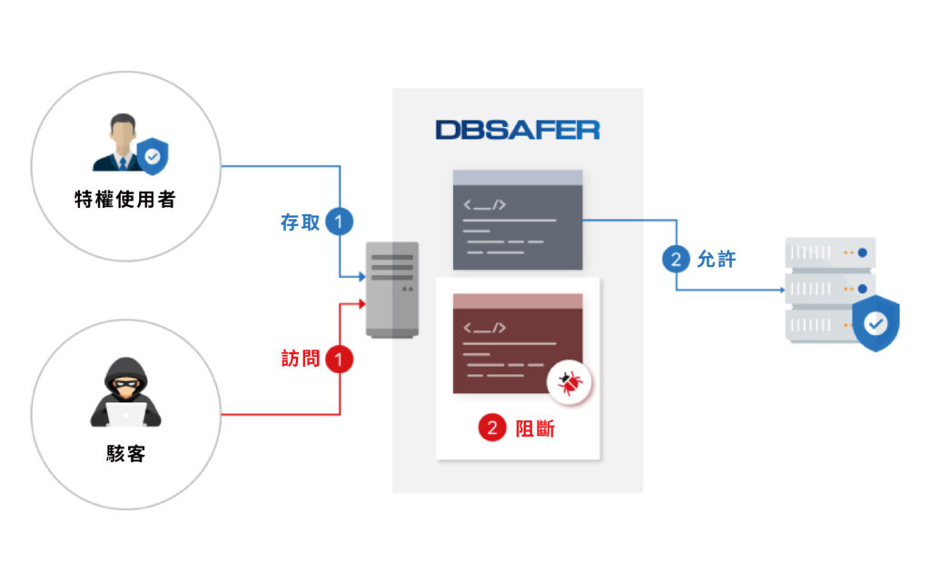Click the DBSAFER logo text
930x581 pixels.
pyautogui.click(x=517, y=130)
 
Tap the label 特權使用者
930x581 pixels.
pyautogui.click(x=125, y=199)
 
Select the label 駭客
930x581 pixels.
pyautogui.click(x=125, y=454)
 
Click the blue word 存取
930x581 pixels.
pyautogui.click(x=300, y=222)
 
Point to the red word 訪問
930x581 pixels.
pyautogui.click(x=300, y=359)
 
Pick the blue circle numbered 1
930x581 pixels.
pyautogui.click(x=340, y=222)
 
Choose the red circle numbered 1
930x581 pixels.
pyautogui.click(x=340, y=359)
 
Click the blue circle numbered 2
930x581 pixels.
pyautogui.click(x=676, y=259)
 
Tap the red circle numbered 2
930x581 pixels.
pyautogui.click(x=492, y=428)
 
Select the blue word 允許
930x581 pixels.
pyautogui.click(x=717, y=259)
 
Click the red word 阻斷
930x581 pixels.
pyautogui.click(x=535, y=428)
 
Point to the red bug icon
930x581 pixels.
pyautogui.click(x=569, y=383)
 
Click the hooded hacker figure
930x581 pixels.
pyautogui.click(x=125, y=392)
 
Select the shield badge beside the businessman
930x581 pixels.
pyautogui.click(x=153, y=156)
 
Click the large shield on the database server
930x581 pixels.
pyautogui.click(x=876, y=323)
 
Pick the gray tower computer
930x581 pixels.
pyautogui.click(x=392, y=290)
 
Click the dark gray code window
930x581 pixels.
pyautogui.click(x=518, y=220)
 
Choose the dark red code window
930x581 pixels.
pyautogui.click(x=518, y=343)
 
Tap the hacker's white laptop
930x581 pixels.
pyautogui.click(x=126, y=414)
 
